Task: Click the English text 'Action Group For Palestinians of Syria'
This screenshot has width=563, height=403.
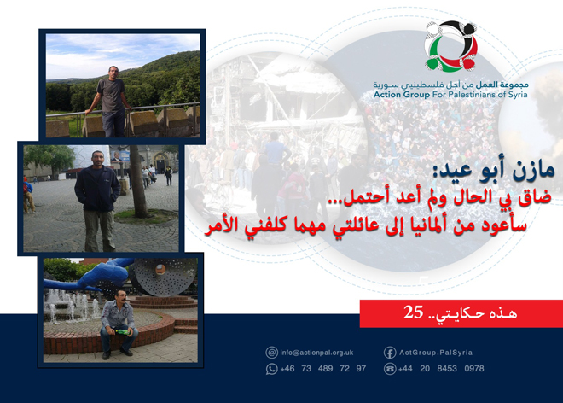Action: point(450,95)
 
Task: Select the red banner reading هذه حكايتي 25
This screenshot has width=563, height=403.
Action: point(461,313)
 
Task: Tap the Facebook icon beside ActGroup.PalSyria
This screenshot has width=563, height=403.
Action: point(390,352)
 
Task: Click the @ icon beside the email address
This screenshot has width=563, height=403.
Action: point(271,352)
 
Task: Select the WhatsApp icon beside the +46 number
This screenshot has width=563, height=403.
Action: point(271,368)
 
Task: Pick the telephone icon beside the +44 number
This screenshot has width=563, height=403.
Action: point(390,368)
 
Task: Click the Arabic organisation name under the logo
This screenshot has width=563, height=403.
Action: point(450,85)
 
